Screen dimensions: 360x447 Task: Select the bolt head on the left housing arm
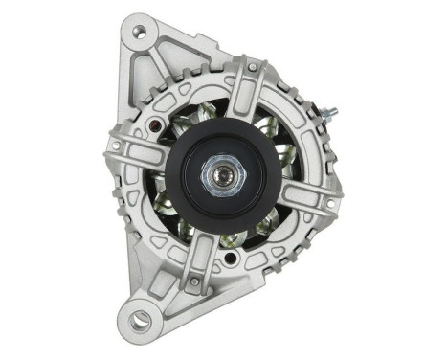(x=116, y=146)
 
